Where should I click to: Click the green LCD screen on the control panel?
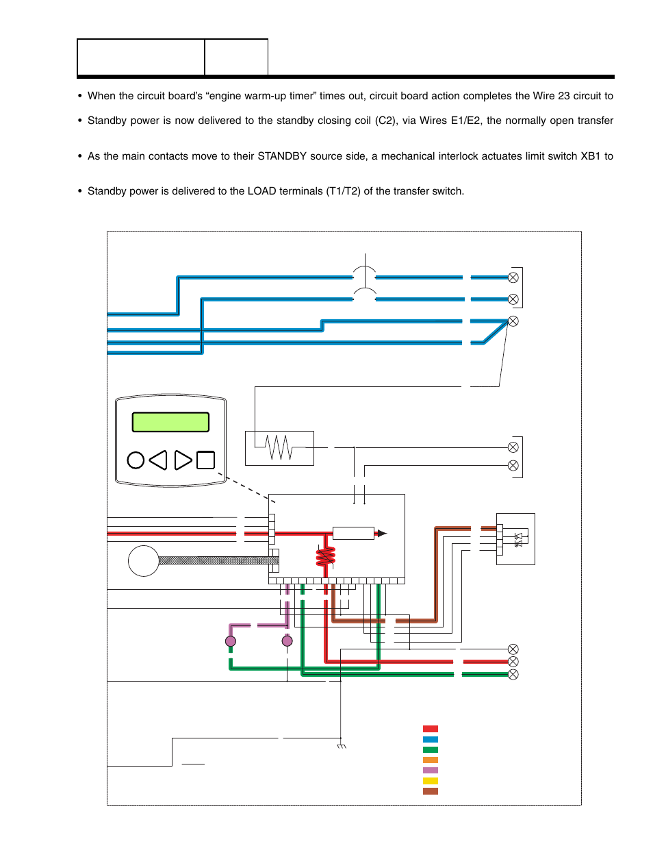coord(170,422)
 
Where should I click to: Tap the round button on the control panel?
coord(136,460)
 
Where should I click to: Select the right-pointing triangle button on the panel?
coord(183,460)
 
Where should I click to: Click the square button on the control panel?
coord(205,460)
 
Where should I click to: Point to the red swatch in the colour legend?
coord(430,729)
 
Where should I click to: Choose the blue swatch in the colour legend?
coord(430,740)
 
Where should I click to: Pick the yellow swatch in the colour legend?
coord(430,781)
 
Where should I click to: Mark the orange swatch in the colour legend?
coord(430,760)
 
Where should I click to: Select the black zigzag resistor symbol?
coord(279,448)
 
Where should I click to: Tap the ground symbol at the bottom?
coord(342,746)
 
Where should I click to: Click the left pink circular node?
coord(231,641)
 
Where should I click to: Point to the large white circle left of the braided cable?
coord(144,561)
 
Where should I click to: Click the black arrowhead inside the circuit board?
coord(381,533)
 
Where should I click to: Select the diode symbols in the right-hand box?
coord(518,540)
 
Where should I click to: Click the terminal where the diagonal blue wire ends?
coord(513,321)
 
